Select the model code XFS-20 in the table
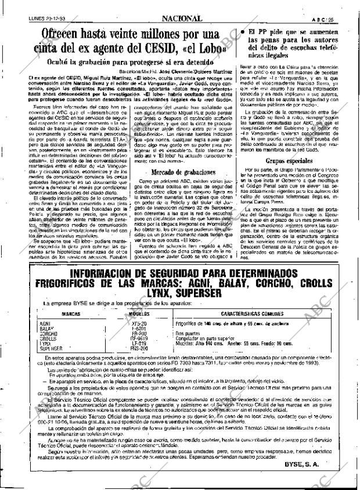139,323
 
